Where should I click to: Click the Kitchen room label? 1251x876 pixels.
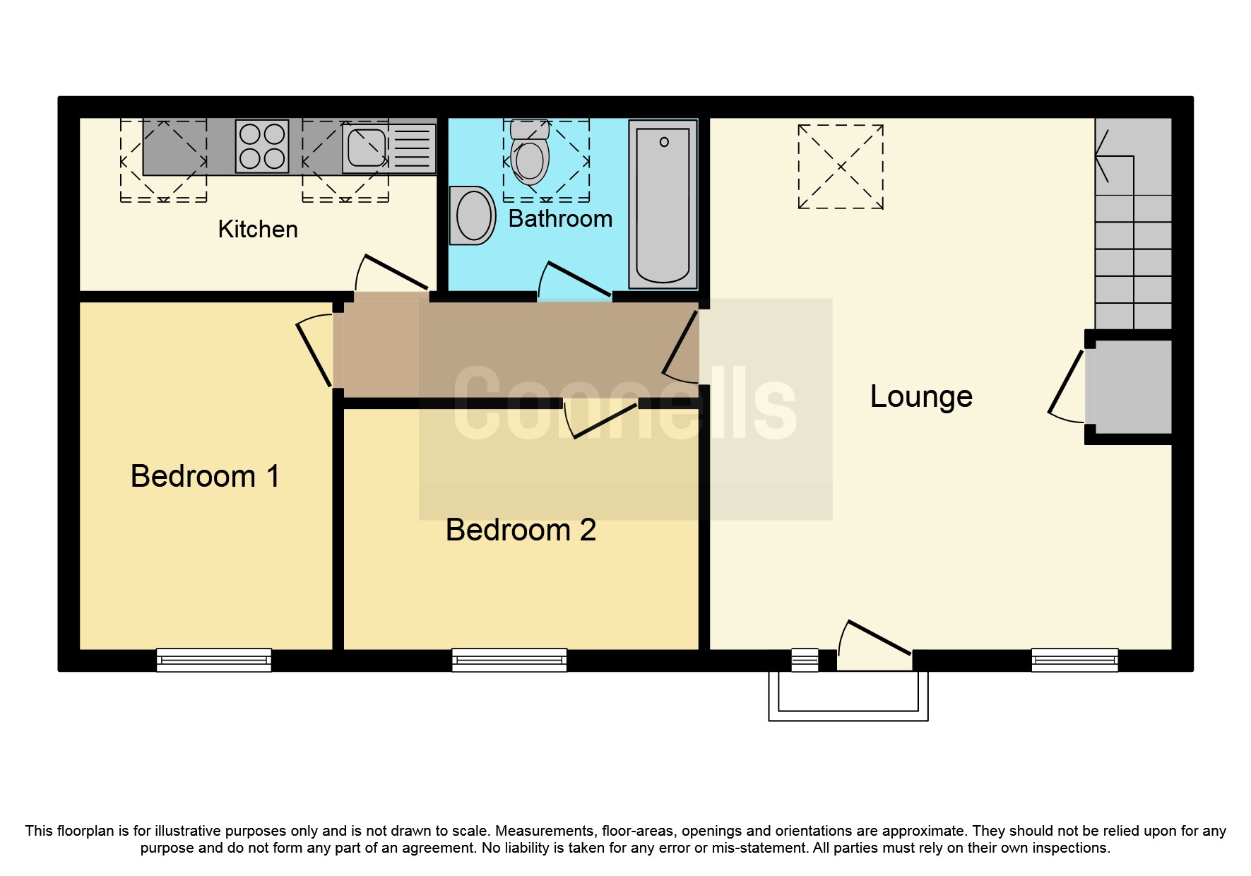click(x=257, y=230)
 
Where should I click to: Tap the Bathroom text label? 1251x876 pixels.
click(x=560, y=219)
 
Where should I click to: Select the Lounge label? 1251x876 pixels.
click(x=920, y=396)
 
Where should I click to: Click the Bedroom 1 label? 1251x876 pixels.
click(x=205, y=476)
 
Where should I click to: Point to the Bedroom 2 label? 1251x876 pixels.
click(x=521, y=530)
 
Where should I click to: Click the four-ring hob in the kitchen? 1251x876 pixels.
click(x=262, y=146)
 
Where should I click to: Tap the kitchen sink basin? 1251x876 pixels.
click(x=367, y=147)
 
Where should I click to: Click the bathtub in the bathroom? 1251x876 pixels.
click(x=663, y=204)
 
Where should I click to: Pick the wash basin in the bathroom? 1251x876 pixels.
click(x=473, y=215)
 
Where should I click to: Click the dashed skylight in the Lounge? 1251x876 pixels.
click(x=841, y=167)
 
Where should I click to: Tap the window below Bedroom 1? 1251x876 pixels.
click(x=213, y=661)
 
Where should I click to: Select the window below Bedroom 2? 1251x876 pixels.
click(x=509, y=661)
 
